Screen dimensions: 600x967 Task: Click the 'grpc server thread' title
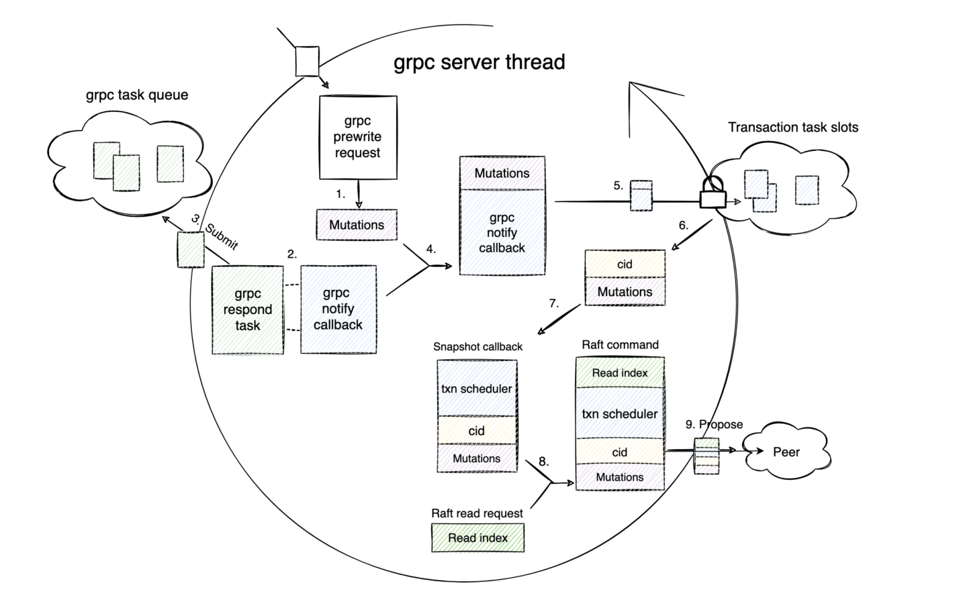(x=479, y=62)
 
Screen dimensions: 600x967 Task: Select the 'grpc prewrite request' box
(x=357, y=137)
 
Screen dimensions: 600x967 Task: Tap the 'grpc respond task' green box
(x=248, y=309)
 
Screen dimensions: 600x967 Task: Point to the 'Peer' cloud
(x=785, y=452)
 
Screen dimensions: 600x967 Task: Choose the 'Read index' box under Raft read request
(x=477, y=538)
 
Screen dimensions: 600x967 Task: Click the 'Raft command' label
(x=620, y=345)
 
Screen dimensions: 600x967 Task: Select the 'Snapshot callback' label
(x=477, y=346)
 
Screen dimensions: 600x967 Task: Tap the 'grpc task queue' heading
(x=137, y=95)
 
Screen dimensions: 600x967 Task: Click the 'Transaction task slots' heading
(x=793, y=127)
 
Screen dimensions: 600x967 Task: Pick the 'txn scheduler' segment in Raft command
(x=620, y=414)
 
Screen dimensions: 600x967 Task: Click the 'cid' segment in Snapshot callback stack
(x=477, y=431)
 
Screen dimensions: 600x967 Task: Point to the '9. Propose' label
(x=714, y=424)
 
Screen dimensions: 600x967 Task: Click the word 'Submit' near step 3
(x=222, y=236)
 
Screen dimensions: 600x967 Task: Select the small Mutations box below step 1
(x=357, y=225)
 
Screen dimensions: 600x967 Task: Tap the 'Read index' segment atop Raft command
(x=620, y=373)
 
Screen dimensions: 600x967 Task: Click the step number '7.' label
(x=553, y=303)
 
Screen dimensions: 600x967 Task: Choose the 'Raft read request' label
(x=477, y=513)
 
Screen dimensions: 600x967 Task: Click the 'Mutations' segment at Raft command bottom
(x=620, y=477)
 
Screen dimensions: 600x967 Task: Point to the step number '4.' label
(x=431, y=249)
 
